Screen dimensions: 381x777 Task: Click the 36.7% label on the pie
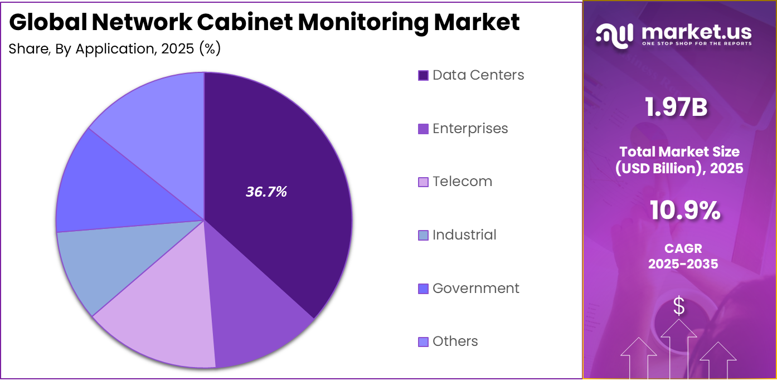[x=266, y=192]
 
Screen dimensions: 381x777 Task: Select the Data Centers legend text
[x=478, y=75]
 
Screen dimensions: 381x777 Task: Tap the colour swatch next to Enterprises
[x=423, y=129]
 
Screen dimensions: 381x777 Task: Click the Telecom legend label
[x=462, y=182]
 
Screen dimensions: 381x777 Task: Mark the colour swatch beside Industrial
[x=423, y=235]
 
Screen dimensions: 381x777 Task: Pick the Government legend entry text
[x=475, y=289]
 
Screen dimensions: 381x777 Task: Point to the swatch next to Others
[x=423, y=341]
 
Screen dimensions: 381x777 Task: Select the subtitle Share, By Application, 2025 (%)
[x=115, y=49]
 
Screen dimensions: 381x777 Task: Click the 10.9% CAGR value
[x=684, y=211]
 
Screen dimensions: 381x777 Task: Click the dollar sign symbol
[x=678, y=305]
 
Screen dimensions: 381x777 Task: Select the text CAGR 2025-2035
[x=683, y=256]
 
